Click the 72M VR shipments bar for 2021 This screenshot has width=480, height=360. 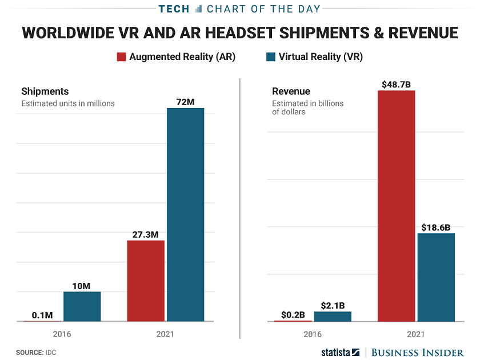pos(185,214)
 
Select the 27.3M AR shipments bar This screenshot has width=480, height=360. pos(146,281)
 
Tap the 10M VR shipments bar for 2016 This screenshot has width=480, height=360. pos(82,306)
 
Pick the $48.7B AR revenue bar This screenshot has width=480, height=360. pos(396,206)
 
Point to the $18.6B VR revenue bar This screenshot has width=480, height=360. pos(436,277)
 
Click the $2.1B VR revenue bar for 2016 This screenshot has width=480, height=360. pos(333,316)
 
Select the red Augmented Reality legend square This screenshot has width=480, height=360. pos(121,57)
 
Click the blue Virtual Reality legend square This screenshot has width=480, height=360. pos(271,57)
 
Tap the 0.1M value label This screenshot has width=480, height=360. pos(42,315)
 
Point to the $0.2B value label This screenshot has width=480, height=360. pos(293,314)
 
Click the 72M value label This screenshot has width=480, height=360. pos(185,102)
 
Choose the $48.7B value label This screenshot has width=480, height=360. pos(396,84)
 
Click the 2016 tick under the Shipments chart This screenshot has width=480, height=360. pos(62,334)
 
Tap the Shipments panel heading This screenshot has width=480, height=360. pos(45,91)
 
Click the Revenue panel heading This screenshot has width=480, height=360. pos(291,91)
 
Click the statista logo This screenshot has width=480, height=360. pos(340,352)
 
